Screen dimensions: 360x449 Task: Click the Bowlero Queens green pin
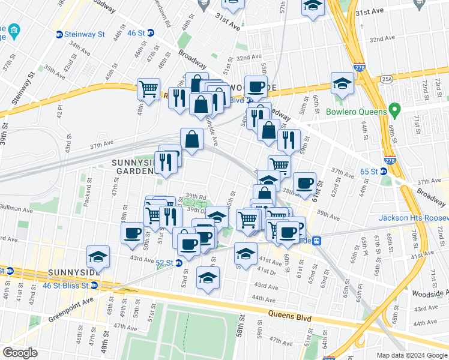pos(394,111)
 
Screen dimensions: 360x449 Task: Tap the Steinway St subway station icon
pos(59,34)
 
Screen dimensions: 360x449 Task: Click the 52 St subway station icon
pos(178,263)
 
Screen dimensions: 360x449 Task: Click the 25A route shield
pos(385,79)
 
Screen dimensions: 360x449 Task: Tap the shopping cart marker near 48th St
pos(148,89)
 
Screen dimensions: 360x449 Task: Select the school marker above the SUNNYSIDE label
pos(98,257)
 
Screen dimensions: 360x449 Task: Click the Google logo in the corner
pos(20,352)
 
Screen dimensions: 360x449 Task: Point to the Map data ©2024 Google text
pos(411,355)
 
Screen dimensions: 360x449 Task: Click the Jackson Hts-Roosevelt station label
pos(414,217)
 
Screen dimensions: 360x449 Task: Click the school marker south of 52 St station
pos(208,278)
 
